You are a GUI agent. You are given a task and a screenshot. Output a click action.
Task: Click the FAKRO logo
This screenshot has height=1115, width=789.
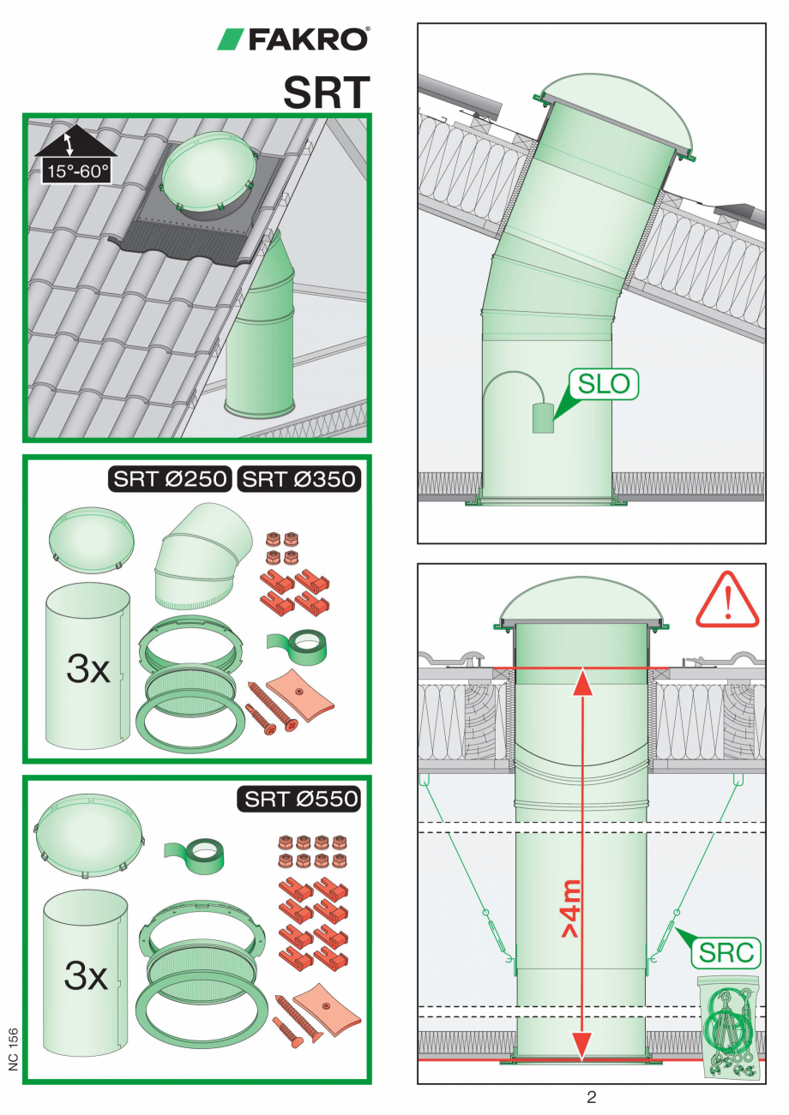click(292, 39)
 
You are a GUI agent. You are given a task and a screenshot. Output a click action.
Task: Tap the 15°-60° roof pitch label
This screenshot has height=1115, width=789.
click(77, 171)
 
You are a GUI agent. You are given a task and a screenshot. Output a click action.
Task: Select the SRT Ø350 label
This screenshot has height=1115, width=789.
click(298, 479)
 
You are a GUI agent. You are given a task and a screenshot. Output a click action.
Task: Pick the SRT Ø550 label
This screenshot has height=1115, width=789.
click(300, 800)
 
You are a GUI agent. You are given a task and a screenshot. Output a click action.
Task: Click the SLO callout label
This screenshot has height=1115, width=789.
click(602, 384)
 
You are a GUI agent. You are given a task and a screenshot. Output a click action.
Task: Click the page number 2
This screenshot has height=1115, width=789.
click(591, 1097)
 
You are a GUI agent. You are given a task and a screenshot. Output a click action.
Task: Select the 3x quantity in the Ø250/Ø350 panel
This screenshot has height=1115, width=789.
click(88, 669)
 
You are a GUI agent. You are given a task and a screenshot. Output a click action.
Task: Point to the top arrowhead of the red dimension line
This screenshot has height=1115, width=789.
click(582, 682)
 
